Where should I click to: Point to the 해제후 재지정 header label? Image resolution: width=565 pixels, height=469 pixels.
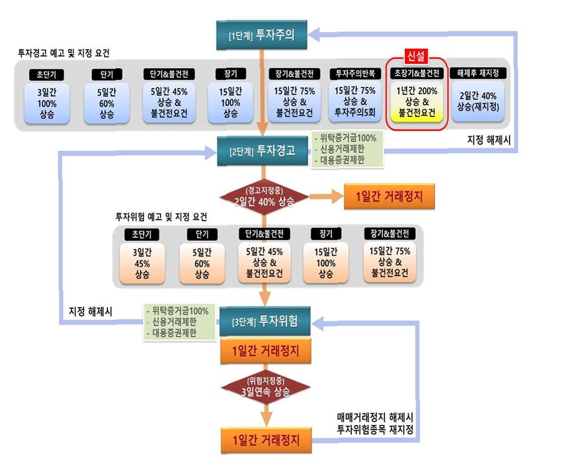pos(478,73)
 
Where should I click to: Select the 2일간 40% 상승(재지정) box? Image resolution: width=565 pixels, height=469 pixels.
pos(478,101)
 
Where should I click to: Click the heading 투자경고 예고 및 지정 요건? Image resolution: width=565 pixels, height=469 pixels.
pos(64,54)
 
